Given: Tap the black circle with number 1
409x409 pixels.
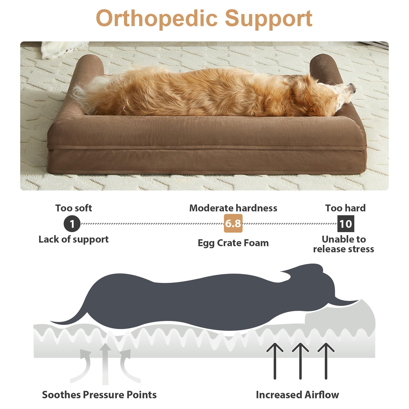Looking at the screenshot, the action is pos(72,224).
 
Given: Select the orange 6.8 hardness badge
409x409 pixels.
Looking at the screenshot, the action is pos(233,223).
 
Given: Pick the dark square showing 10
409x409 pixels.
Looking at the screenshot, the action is pos(346,224).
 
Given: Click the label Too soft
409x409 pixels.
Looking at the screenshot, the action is pos(74,208).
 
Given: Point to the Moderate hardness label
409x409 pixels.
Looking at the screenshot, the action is pos(233,208).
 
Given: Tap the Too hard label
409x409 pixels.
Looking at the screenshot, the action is pos(345,208).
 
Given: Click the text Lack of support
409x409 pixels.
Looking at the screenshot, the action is pos(74,240).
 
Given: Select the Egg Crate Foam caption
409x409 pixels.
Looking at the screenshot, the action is pos(233,243).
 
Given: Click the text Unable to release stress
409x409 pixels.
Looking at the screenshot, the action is pos(344,244).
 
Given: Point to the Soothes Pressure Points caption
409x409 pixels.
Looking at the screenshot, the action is pos(99,395).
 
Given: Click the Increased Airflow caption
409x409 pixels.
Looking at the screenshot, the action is pos(297,395).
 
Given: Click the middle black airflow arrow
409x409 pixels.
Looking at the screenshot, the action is pos(300,361).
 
